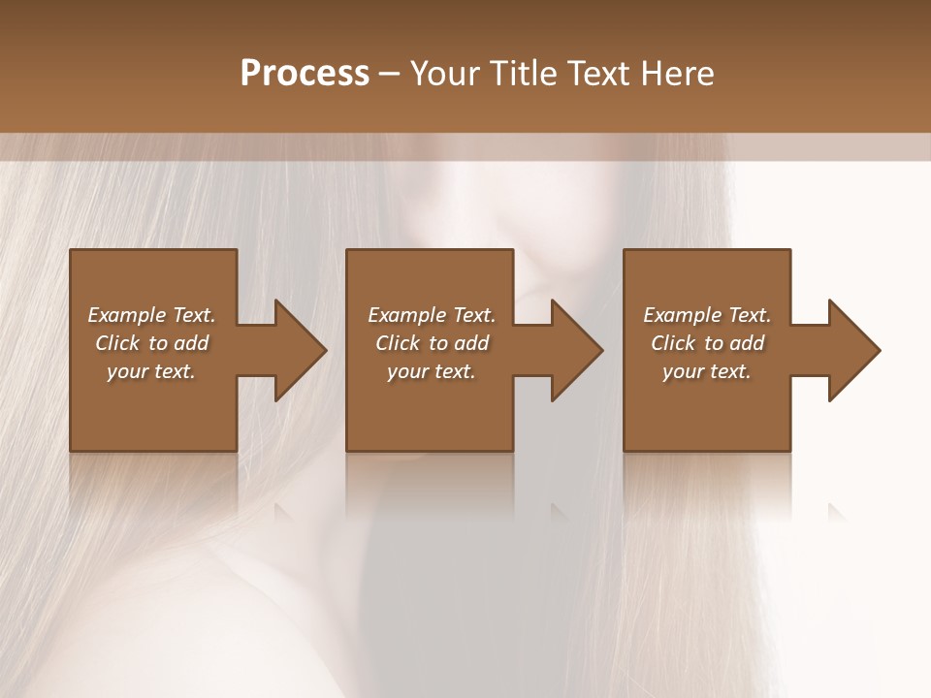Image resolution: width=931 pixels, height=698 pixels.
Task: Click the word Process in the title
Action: point(305,73)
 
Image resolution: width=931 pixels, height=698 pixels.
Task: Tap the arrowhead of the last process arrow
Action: point(853,350)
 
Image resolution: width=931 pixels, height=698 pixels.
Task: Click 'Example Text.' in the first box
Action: point(151,315)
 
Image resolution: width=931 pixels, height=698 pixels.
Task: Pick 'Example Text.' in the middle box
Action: point(431,315)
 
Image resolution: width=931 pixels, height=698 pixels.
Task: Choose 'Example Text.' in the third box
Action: point(707,315)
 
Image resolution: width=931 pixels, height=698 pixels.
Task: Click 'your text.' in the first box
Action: point(151,371)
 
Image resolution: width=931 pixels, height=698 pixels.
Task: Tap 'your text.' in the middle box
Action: point(431,371)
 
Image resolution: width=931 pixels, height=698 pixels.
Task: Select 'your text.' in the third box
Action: point(707,371)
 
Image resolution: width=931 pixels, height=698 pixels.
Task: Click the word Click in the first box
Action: point(117,343)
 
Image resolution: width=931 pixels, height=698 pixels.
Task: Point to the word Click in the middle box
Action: point(398,343)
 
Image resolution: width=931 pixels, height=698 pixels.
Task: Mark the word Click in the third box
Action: point(673,343)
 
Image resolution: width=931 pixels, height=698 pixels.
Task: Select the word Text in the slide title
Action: point(600,73)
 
